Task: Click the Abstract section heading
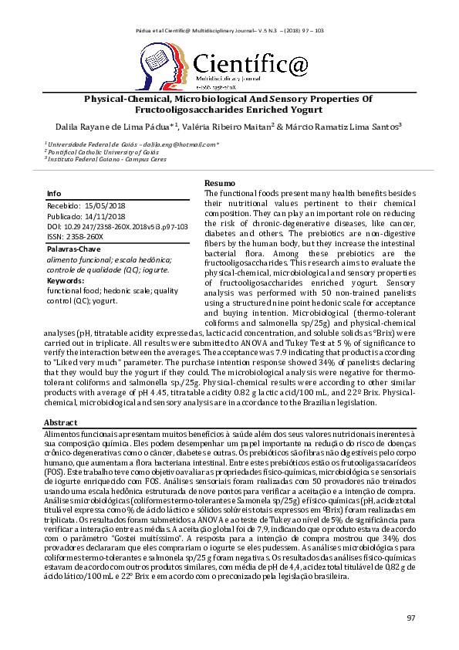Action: point(61,423)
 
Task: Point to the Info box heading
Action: point(54,193)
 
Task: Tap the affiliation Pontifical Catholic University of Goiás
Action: point(97,152)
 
